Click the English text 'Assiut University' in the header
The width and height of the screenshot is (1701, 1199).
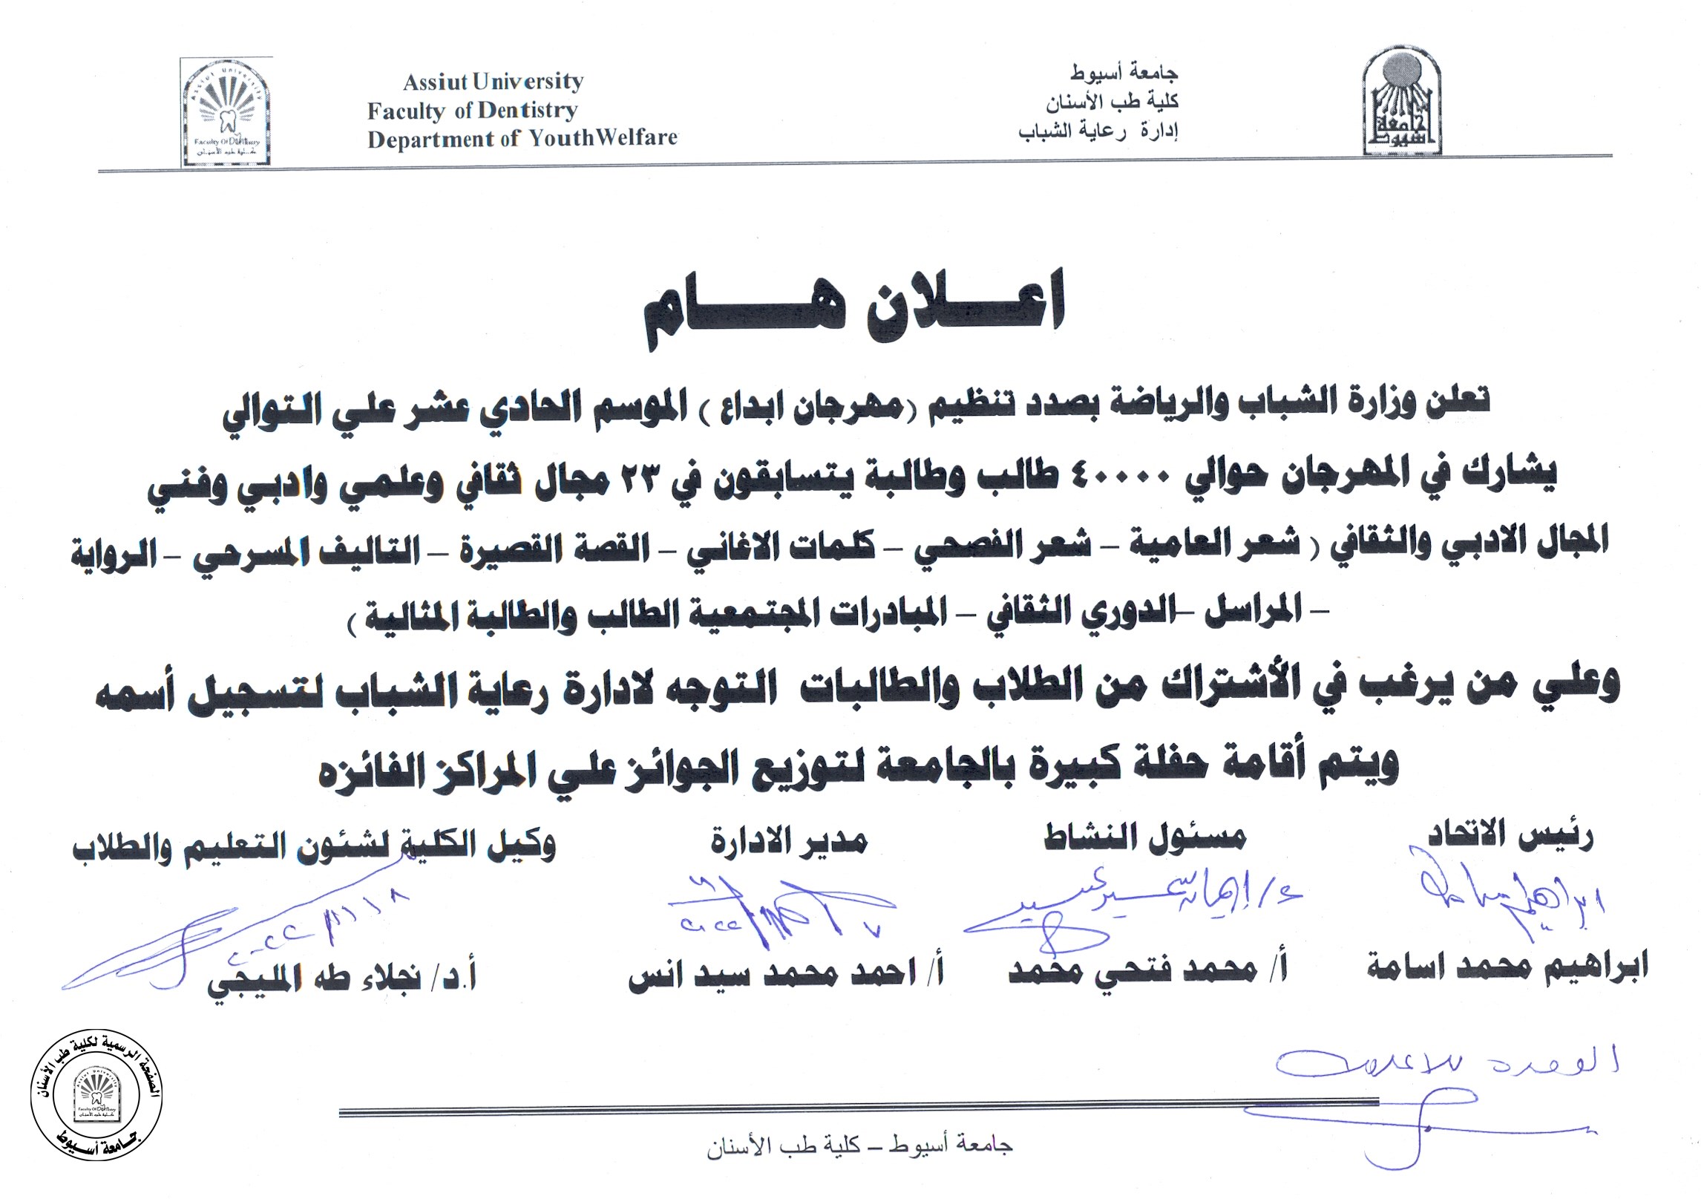(x=493, y=82)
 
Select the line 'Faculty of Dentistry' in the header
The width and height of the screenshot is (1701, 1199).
(x=472, y=111)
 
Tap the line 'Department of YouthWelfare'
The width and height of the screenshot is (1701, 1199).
(x=522, y=139)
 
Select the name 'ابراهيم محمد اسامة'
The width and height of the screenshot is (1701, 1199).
(x=1507, y=966)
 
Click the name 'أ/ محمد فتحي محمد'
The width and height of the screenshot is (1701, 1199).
(x=1147, y=968)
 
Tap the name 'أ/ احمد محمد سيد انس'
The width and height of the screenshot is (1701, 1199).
(x=786, y=973)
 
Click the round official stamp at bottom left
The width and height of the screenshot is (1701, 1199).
(x=96, y=1102)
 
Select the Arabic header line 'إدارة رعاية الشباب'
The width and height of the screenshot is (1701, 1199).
(x=1099, y=131)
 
